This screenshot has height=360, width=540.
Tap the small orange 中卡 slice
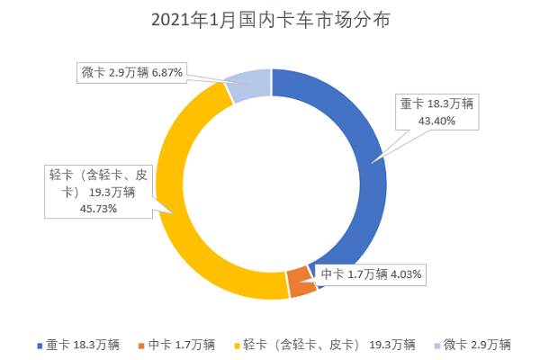pos(301,283)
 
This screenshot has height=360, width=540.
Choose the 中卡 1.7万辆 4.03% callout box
pos(371,274)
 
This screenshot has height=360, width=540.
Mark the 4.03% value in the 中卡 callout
pos(405,274)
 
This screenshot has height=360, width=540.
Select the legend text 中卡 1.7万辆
pos(182,344)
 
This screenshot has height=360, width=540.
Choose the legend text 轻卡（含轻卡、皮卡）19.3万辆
pos(329,344)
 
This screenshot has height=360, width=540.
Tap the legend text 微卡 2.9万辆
pos(477,344)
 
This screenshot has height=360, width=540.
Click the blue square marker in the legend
pos(39,345)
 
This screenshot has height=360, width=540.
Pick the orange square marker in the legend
pos(140,345)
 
